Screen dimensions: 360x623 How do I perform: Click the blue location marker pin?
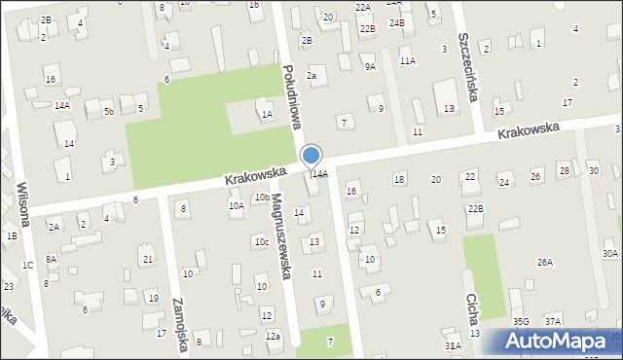pyautogui.click(x=311, y=157)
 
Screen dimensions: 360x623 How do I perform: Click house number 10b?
pyautogui.click(x=262, y=198)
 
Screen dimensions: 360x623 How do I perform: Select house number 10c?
pyautogui.click(x=262, y=241)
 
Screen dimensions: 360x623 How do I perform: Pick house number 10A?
pyautogui.click(x=236, y=205)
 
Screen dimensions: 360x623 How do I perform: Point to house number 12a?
pyautogui.click(x=273, y=337)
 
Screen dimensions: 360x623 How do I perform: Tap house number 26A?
pyautogui.click(x=544, y=262)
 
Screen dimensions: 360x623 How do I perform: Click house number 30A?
pyautogui.click(x=609, y=253)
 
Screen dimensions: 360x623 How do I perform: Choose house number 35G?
pyautogui.click(x=521, y=321)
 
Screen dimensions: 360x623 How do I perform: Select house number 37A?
pyautogui.click(x=552, y=321)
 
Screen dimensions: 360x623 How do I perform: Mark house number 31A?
pyautogui.click(x=453, y=345)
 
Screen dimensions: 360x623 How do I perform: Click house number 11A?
pyautogui.click(x=407, y=60)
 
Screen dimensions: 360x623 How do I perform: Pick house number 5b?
pyautogui.click(x=108, y=112)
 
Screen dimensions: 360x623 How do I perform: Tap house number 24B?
pyautogui.click(x=395, y=21)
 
